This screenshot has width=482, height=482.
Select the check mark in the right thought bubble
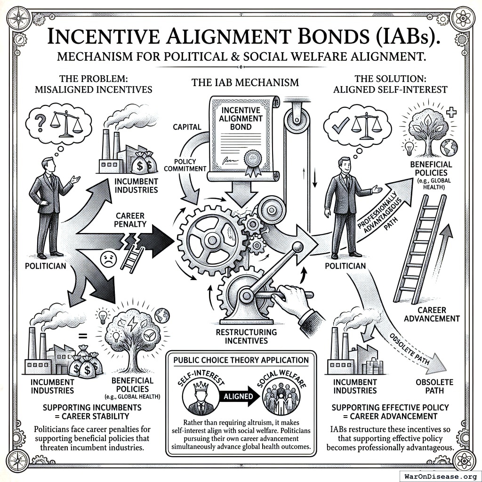point(340,124)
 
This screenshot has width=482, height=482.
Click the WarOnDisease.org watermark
point(440,475)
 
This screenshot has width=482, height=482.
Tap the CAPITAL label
point(187,127)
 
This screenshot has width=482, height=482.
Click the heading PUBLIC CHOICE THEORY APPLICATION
point(241,360)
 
